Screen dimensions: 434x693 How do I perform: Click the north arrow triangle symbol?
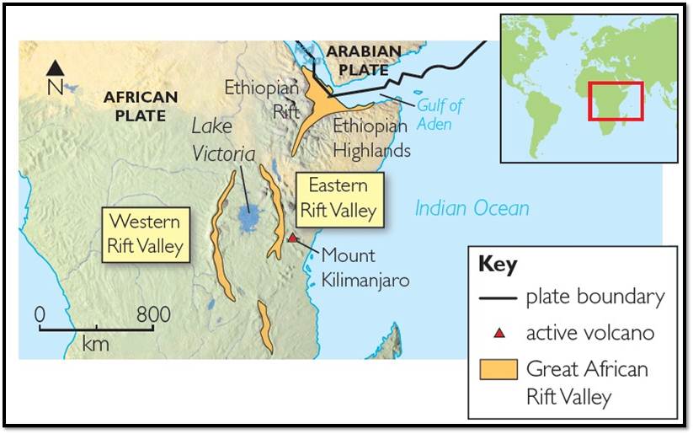pos(55,67)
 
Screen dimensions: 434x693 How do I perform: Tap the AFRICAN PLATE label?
pos(141,105)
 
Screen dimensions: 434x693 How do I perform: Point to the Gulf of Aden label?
pos(440,115)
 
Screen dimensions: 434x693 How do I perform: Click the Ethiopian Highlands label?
pos(371,138)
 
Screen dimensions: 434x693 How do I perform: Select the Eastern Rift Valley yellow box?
pos(341,199)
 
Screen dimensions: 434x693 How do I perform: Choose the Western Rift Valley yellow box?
pos(146,235)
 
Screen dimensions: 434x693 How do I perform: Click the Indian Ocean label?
pos(472,208)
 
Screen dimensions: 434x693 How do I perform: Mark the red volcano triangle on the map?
pos(292,238)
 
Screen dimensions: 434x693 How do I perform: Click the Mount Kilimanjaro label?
pos(365,267)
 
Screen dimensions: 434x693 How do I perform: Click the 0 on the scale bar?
pos(40,315)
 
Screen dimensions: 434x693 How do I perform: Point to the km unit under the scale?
pos(95,344)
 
